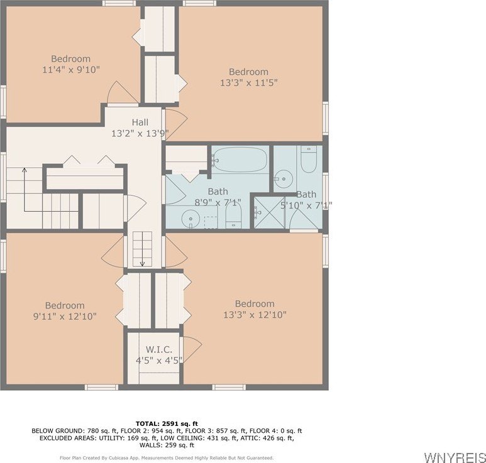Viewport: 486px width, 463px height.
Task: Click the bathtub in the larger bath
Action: tap(240, 160)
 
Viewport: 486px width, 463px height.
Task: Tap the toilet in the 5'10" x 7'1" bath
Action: tap(309, 159)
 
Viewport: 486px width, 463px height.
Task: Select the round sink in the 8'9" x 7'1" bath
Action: tap(191, 218)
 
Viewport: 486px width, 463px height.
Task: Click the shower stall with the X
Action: tap(268, 212)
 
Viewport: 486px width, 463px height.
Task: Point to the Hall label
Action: tap(140, 123)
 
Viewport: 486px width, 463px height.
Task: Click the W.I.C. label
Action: tap(159, 350)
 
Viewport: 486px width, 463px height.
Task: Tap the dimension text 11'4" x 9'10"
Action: tap(71, 69)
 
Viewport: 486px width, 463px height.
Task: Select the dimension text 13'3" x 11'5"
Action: tap(249, 83)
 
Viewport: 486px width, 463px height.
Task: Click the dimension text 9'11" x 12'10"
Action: tap(65, 317)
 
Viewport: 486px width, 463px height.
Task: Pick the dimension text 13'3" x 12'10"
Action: tap(255, 315)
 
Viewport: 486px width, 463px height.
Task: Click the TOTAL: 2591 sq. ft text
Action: tap(167, 423)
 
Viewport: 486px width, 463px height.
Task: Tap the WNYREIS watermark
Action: tap(455, 457)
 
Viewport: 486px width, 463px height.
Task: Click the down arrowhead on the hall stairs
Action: tap(142, 264)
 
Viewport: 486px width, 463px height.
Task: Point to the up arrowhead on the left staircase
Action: tap(24, 170)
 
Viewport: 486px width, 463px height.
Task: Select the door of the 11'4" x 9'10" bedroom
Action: tap(122, 92)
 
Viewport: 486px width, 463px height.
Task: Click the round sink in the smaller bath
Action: tap(284, 179)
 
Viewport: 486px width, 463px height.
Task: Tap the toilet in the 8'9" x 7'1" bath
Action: tap(233, 215)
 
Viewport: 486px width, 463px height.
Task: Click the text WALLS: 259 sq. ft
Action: tap(167, 445)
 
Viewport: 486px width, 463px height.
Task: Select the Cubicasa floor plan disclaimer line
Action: tap(167, 458)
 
